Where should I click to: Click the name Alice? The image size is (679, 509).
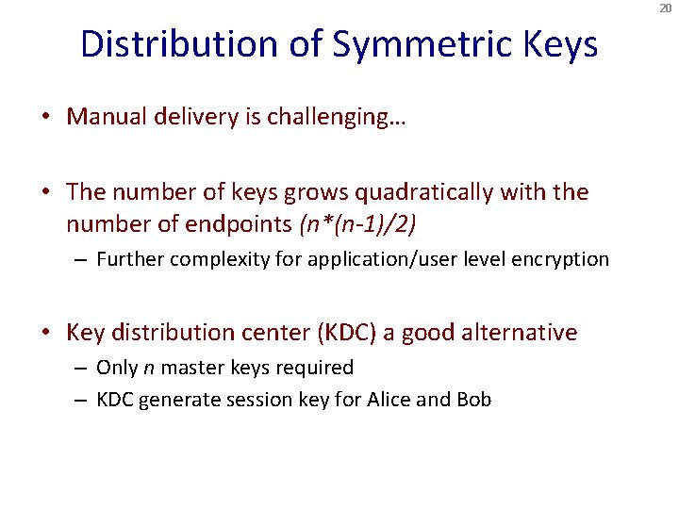(385, 400)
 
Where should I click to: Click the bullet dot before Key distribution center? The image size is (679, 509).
(45, 333)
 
